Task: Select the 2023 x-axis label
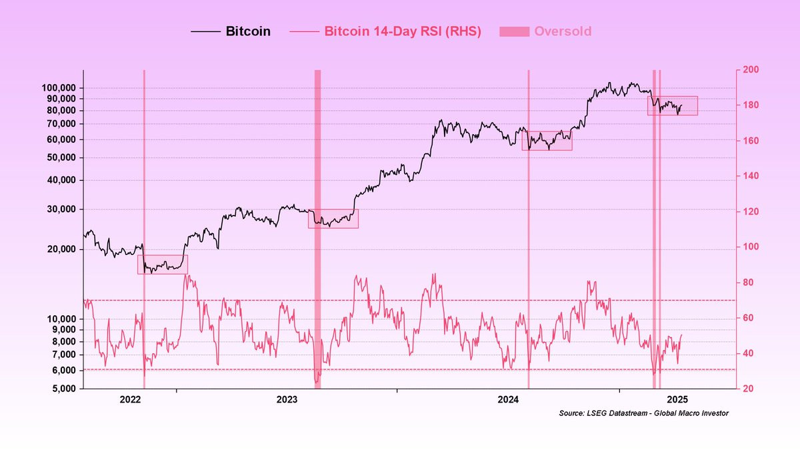(287, 400)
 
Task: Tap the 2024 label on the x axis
(509, 400)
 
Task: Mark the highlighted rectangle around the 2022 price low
(163, 264)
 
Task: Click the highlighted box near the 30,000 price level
(333, 219)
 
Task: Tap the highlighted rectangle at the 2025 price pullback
(672, 105)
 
